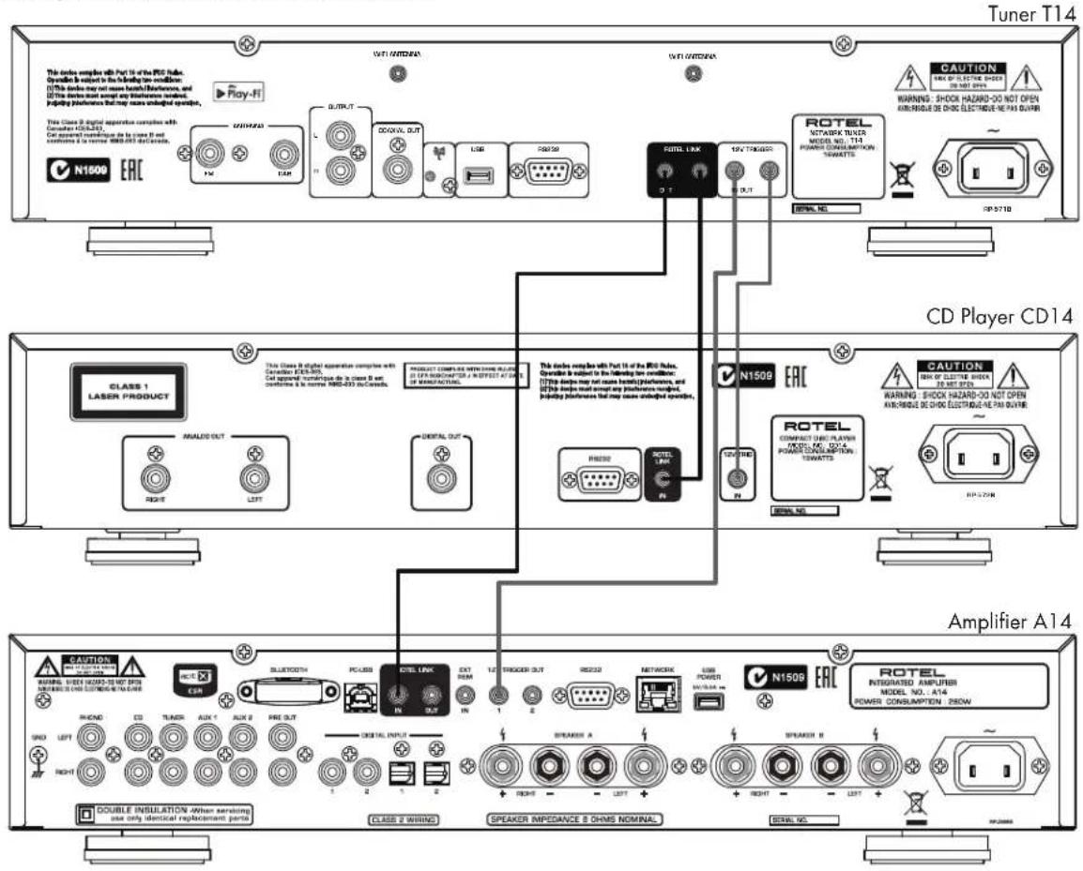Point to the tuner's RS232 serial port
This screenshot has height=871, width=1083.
point(547,175)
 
